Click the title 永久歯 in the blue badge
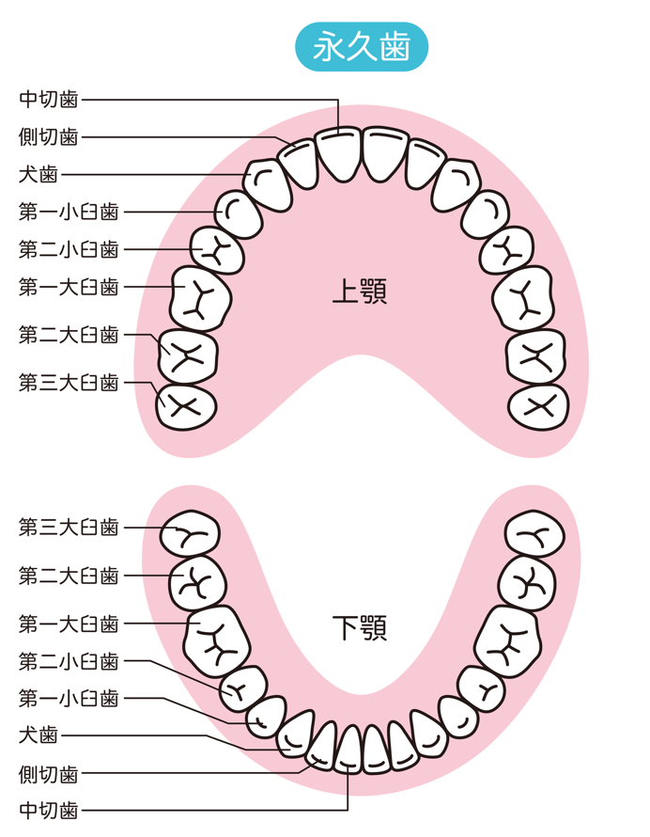point(362,47)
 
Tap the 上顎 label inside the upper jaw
point(360,291)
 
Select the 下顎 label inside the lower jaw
point(360,627)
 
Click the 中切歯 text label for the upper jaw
point(49,100)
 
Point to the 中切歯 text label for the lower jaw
point(49,811)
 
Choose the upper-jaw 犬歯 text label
point(39,174)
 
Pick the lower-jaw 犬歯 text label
point(39,735)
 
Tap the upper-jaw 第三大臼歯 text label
point(69,382)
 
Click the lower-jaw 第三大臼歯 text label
point(69,528)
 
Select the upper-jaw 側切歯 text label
point(49,136)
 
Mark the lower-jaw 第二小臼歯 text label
point(69,661)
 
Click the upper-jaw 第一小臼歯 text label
point(69,212)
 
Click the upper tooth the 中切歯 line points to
point(338,153)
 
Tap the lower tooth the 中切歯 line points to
point(348,749)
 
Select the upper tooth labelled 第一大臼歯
point(201,299)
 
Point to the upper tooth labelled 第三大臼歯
point(186,407)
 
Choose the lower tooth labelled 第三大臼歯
point(191,534)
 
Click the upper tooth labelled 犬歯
point(268,184)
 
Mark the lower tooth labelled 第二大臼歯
point(197,583)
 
